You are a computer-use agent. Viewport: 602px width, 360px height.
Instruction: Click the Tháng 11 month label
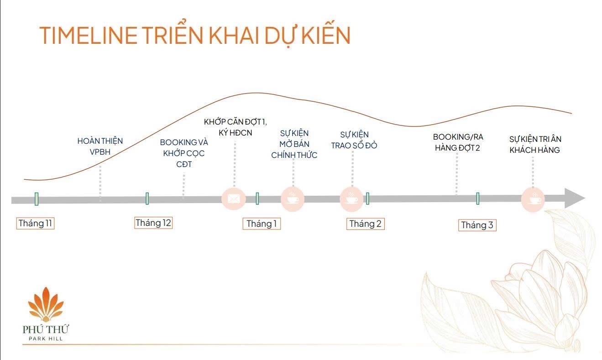[36, 224]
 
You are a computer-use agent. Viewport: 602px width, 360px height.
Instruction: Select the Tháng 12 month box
[153, 223]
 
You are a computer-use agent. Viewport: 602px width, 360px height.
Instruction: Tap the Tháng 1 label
[261, 224]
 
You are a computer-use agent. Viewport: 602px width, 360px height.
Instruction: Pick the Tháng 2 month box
[365, 224]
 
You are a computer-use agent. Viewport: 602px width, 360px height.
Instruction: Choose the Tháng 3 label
[476, 225]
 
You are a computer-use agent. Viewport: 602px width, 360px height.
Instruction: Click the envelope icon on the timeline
[233, 198]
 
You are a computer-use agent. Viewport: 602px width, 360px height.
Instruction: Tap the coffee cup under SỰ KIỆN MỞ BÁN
[292, 198]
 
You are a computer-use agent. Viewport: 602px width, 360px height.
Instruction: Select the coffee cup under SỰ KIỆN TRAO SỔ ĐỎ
[351, 199]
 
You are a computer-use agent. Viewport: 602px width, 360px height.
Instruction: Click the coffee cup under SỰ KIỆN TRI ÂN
[533, 199]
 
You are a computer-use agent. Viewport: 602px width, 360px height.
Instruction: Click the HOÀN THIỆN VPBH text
[100, 146]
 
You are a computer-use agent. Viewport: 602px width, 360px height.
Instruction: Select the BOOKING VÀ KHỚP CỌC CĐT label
[183, 153]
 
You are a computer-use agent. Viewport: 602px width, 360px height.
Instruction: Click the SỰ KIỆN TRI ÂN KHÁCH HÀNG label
[535, 144]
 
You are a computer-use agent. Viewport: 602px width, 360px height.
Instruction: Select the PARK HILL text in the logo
[45, 339]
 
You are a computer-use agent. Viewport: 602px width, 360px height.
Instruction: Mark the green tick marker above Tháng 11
[37, 198]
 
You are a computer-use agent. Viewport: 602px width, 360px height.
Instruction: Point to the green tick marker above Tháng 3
[477, 198]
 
